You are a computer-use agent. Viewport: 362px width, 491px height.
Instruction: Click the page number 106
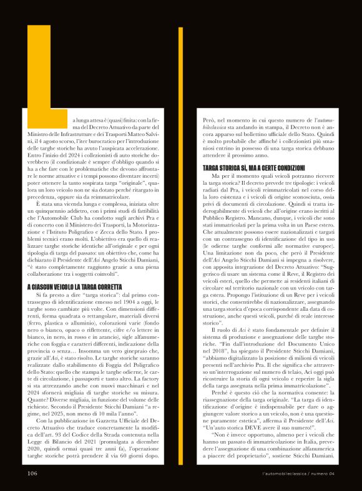pos(33,474)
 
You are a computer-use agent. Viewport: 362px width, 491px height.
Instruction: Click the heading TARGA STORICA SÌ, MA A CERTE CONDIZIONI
pos(253,168)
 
